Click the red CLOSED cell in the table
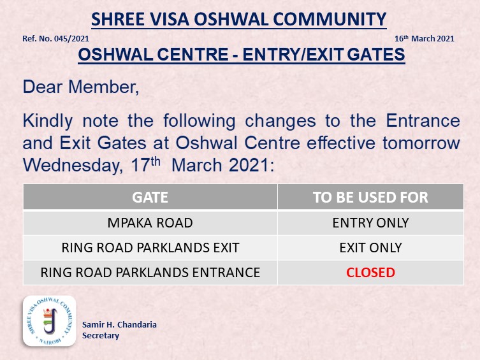click(370, 273)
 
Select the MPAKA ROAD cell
click(150, 222)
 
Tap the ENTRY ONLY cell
click(370, 222)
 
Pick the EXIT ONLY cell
click(370, 248)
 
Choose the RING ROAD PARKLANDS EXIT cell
click(150, 248)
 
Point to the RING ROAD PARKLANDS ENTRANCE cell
click(150, 273)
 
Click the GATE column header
click(150, 198)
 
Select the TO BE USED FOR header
click(370, 198)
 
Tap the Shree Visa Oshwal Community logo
click(49, 321)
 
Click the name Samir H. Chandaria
click(119, 324)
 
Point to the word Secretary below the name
click(101, 336)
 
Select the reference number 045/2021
click(71, 39)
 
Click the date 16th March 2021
click(425, 38)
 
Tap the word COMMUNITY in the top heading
click(330, 19)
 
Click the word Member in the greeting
click(104, 87)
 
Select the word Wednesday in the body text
click(73, 166)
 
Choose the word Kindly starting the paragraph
click(48, 121)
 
